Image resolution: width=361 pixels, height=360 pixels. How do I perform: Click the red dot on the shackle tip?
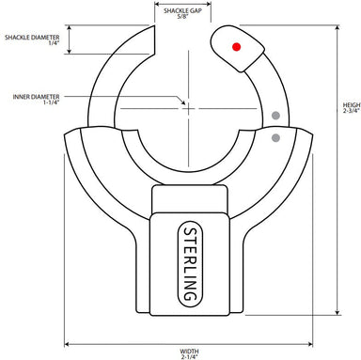236,45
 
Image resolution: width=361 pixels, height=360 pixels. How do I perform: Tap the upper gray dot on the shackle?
275,117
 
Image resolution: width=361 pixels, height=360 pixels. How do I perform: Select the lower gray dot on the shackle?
275,138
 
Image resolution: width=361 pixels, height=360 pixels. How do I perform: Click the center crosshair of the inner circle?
188,106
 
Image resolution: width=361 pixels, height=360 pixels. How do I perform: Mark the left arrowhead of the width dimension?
67,342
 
